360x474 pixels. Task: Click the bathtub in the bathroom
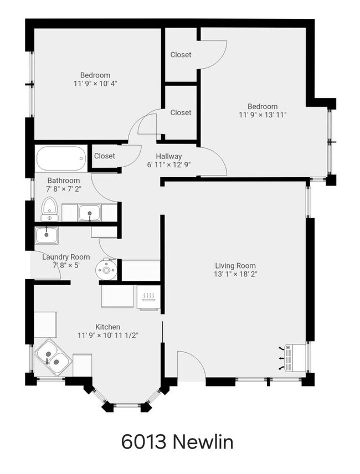[61, 158]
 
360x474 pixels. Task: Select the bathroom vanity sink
[89, 212]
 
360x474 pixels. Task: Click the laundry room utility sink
[48, 235]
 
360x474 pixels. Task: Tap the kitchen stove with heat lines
[148, 297]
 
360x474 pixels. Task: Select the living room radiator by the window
[292, 358]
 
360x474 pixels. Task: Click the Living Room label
[235, 266]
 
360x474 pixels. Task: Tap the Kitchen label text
[107, 327]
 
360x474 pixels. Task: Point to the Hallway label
[168, 156]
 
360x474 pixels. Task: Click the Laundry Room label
[66, 257]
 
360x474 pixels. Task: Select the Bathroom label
[63, 181]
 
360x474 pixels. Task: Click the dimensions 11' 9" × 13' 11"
[263, 115]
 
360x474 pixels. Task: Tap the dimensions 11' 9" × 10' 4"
[95, 84]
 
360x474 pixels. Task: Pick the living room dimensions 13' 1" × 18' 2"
[235, 274]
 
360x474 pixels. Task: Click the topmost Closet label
[181, 55]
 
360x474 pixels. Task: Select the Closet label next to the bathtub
[104, 156]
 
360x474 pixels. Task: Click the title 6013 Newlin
[177, 442]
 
